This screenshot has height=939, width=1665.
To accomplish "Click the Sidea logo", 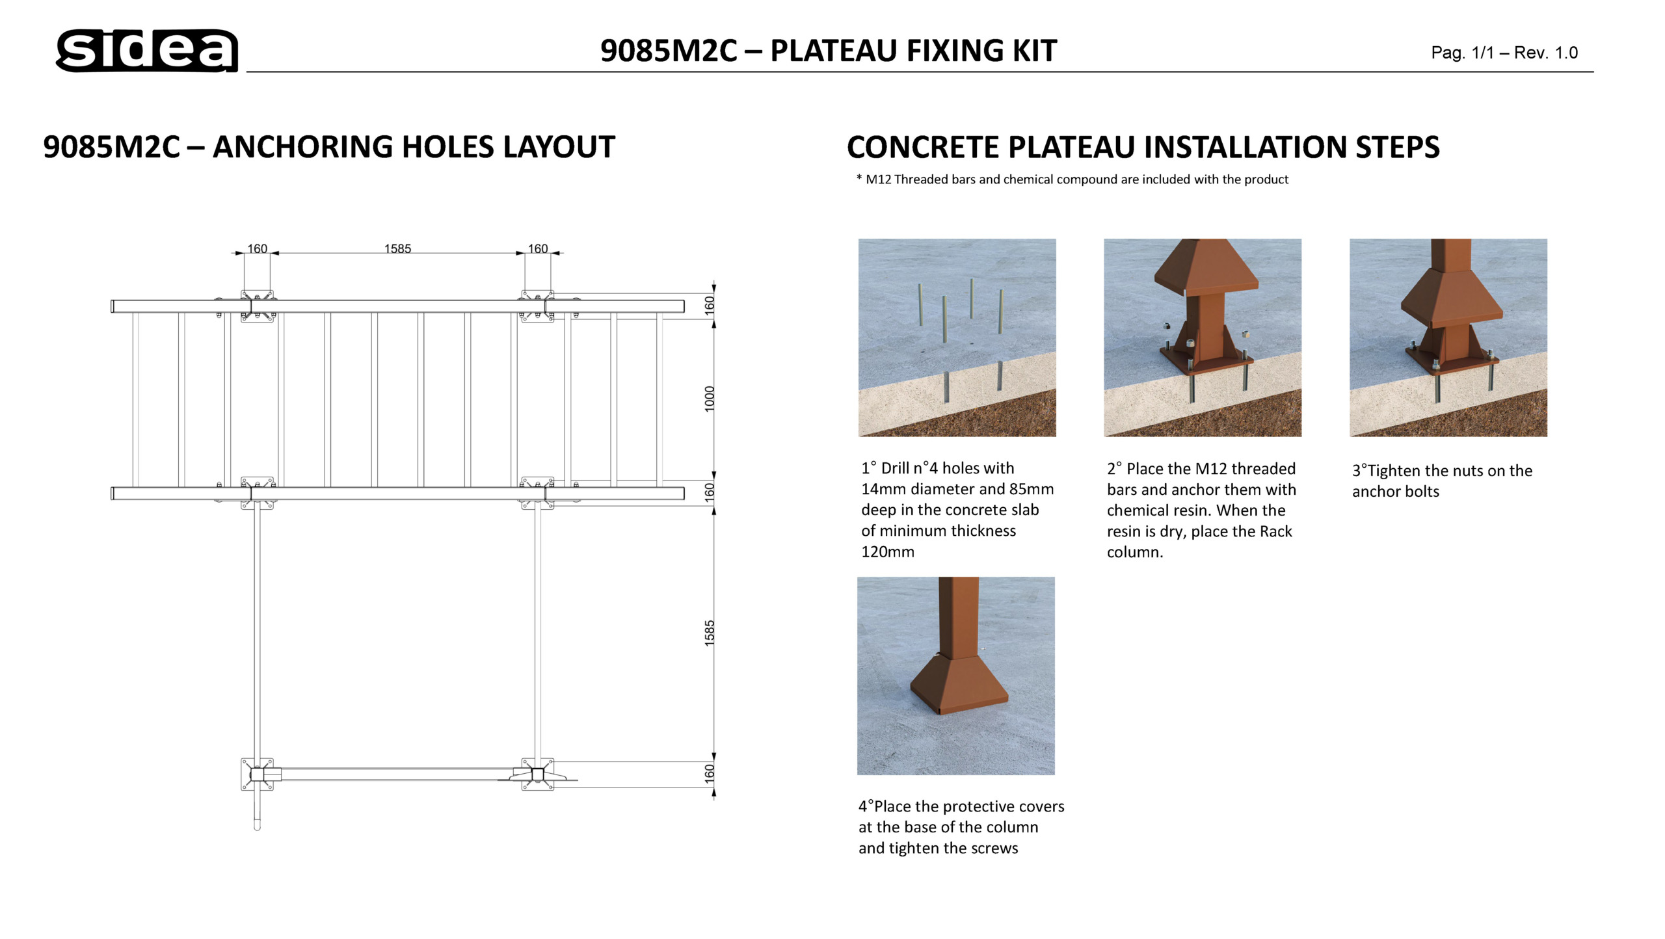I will [147, 50].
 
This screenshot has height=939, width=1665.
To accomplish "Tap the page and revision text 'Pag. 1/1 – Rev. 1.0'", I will [1504, 53].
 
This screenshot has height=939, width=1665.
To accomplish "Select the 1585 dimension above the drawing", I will [397, 248].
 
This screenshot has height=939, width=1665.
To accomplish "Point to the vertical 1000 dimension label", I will [710, 399].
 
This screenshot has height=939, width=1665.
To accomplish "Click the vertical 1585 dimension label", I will [710, 633].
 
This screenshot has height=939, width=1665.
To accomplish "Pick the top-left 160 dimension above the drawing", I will [257, 248].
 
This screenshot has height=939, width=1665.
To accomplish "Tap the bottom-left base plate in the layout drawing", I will [257, 774].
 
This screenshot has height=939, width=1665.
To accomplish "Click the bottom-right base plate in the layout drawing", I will [538, 774].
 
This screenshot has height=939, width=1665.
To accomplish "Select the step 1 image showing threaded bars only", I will [957, 337].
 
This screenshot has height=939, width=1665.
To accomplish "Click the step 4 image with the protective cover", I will [955, 676].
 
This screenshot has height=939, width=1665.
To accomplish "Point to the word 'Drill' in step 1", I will [895, 468].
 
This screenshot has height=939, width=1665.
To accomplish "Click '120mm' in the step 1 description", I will [887, 552].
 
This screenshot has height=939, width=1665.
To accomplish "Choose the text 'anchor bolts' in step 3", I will [1395, 492].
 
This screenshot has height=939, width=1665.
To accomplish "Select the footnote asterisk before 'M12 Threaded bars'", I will [859, 178].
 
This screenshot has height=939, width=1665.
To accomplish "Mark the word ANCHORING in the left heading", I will [302, 147].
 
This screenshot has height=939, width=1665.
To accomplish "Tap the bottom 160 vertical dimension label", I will [710, 773].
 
